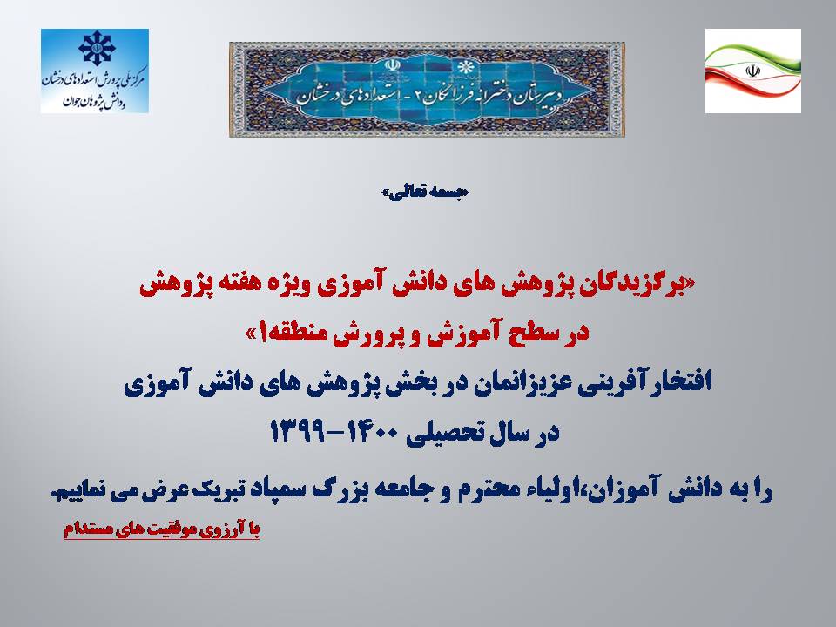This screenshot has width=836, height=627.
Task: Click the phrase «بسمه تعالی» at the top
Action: (x=426, y=192)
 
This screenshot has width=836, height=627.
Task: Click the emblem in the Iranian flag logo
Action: (x=752, y=71)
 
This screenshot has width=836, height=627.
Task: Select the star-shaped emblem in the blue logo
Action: (x=97, y=48)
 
